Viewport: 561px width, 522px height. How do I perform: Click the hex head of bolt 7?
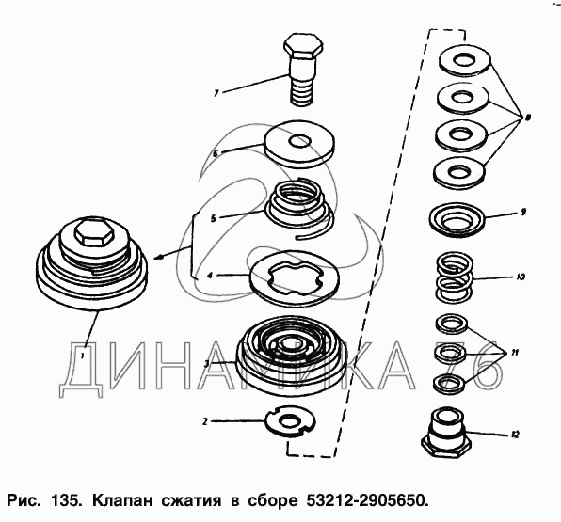click(x=304, y=47)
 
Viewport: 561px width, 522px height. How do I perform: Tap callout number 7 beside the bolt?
click(x=216, y=93)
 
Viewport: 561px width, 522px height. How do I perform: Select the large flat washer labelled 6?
click(x=299, y=144)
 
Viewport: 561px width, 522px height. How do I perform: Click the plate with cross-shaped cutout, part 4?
click(x=294, y=276)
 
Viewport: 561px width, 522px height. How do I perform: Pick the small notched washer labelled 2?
click(x=291, y=421)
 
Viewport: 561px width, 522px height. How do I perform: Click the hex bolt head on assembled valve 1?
click(x=94, y=232)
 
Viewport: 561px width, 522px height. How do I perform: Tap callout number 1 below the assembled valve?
click(x=82, y=356)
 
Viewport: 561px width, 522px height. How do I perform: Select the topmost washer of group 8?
click(x=464, y=60)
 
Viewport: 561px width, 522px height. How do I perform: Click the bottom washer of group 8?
click(x=460, y=172)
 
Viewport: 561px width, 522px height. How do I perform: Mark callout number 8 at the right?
click(x=528, y=118)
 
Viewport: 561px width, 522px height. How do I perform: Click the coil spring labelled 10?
click(x=454, y=277)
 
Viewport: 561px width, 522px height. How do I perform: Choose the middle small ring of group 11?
click(x=450, y=354)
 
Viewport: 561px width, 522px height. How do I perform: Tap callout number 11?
click(x=514, y=354)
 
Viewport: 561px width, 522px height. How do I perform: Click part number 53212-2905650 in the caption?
click(x=367, y=500)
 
